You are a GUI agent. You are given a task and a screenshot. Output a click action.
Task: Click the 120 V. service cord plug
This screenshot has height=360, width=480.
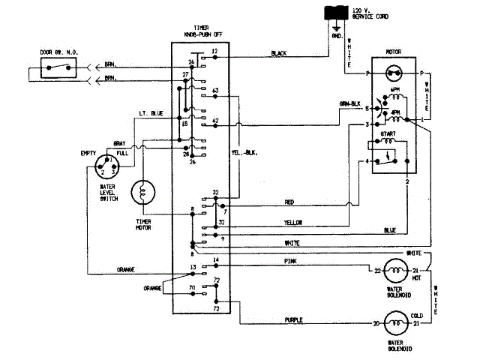point(335,13)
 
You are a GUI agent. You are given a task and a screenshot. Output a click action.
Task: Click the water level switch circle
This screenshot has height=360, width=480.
point(104,166)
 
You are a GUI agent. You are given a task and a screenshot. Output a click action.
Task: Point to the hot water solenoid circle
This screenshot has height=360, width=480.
point(394,270)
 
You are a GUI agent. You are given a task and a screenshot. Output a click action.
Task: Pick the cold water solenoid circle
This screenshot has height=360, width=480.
point(394,324)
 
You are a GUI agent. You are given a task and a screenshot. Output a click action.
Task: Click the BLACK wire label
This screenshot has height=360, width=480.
point(280,53)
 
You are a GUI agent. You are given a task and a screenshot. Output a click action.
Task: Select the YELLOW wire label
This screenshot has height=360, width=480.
point(292,223)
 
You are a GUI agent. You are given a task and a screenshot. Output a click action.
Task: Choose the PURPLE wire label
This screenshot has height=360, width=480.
point(293,319)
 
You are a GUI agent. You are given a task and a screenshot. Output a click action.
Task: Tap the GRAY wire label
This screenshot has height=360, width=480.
point(119,142)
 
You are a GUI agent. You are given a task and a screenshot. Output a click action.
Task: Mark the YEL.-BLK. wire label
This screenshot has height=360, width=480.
point(244,153)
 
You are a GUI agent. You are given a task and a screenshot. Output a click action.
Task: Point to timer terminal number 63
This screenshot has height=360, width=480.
point(215,91)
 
